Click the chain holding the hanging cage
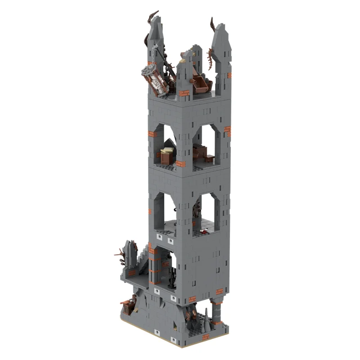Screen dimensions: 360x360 (x=155, y=54)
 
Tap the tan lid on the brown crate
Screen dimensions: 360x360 (x=168, y=150)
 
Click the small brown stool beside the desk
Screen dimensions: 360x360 (x=210, y=158)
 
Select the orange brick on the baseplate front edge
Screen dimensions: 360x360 (x=205, y=337)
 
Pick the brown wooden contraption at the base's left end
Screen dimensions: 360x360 (x=129, y=306)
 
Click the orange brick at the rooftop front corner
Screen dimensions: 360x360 (x=184, y=93)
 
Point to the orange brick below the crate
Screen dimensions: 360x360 (x=180, y=164)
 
